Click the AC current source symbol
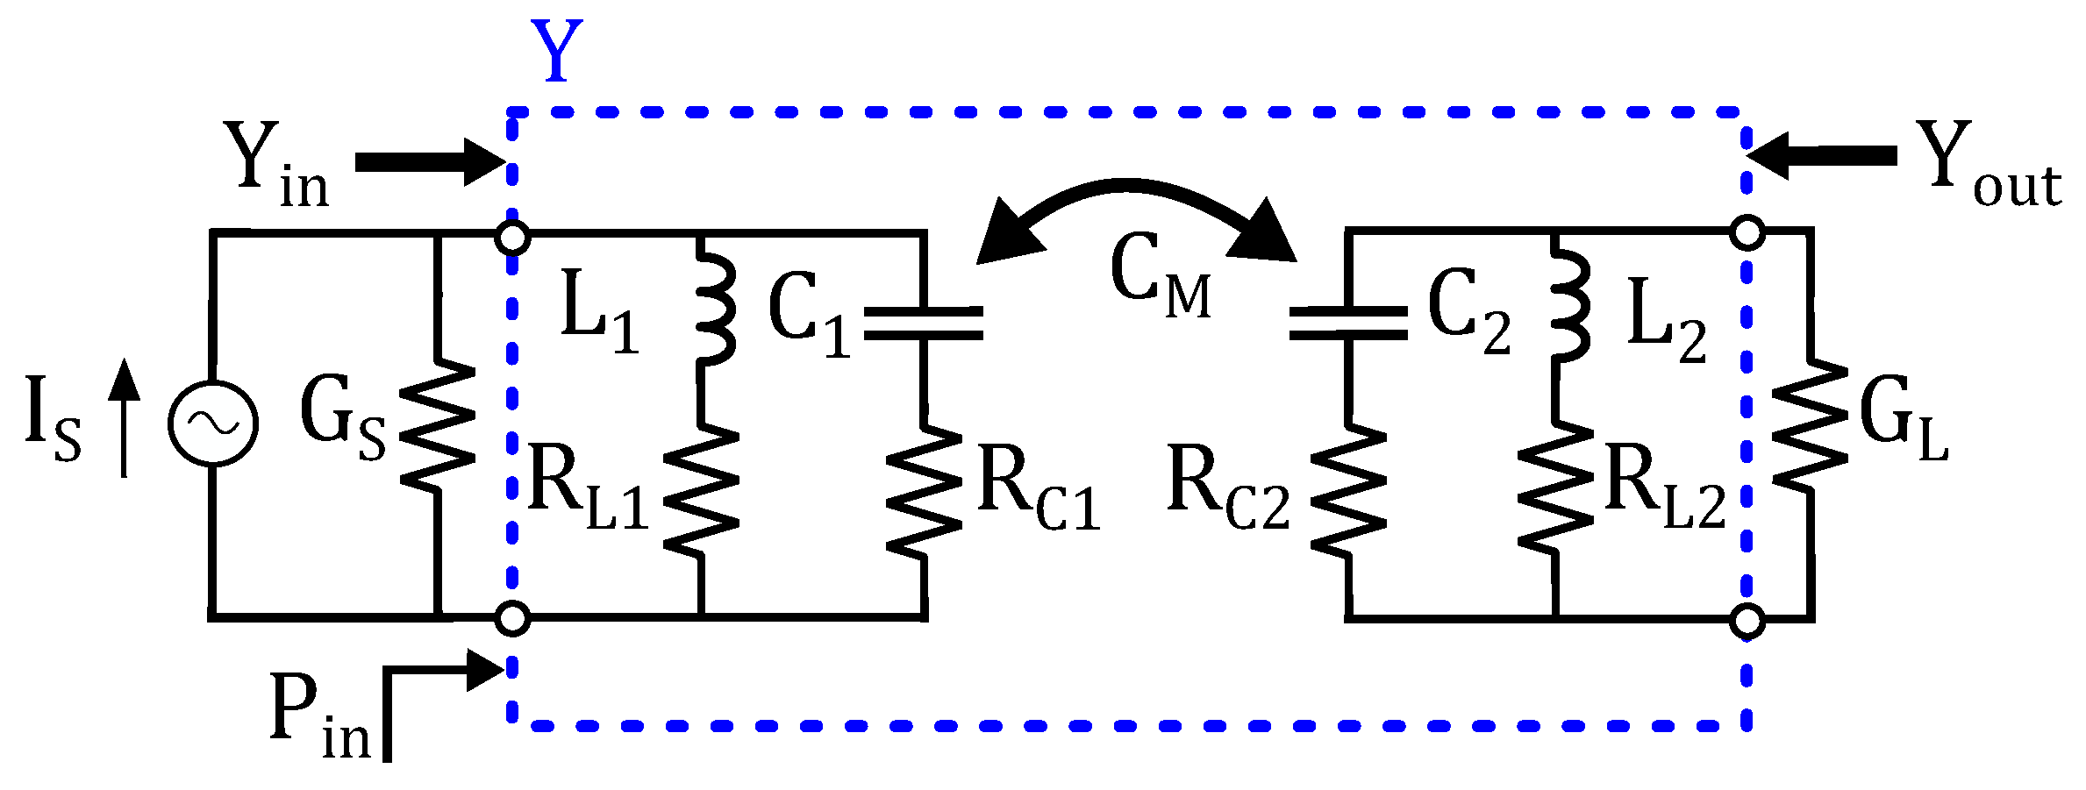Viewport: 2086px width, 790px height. pos(213,423)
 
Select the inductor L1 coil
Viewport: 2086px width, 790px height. pos(715,307)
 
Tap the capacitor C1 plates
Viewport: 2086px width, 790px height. pos(923,323)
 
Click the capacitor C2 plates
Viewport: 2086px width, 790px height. pos(1348,323)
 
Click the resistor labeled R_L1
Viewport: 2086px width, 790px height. pos(701,491)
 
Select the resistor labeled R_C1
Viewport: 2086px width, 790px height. pos(924,491)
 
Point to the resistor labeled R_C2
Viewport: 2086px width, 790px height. pos(1348,491)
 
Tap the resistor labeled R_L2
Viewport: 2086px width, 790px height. pos(1555,491)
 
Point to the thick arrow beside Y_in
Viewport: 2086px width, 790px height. pos(430,162)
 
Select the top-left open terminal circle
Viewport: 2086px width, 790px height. pos(512,238)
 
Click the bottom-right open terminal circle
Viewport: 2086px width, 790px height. pos(1747,621)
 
